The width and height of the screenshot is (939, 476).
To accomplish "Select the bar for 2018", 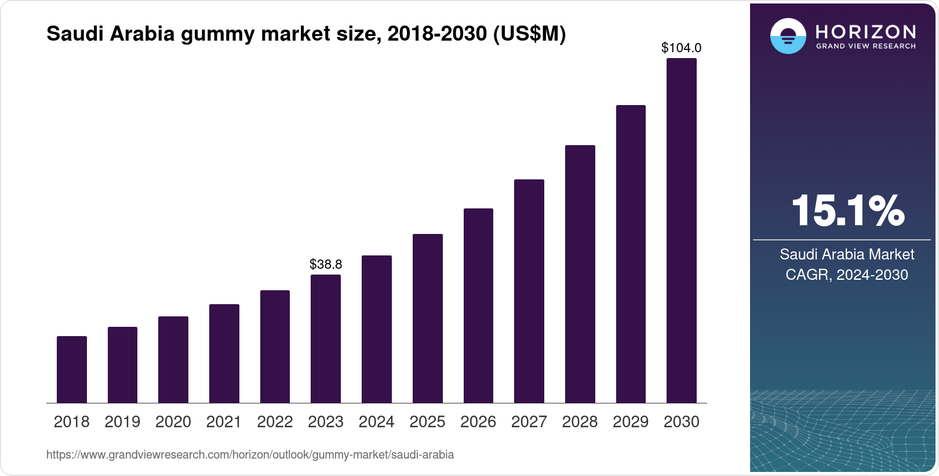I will [x=72, y=369].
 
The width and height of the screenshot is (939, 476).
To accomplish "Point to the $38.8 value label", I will [x=326, y=265].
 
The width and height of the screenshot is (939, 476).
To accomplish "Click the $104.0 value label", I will [x=682, y=48].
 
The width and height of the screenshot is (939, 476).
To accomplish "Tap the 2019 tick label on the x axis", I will [x=122, y=422].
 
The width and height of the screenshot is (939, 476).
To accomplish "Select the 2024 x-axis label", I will [x=377, y=422].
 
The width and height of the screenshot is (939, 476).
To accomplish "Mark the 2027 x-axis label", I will [x=529, y=422].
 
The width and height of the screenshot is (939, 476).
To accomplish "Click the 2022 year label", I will [x=275, y=422].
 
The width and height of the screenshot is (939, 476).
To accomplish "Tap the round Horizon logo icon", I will [x=788, y=36].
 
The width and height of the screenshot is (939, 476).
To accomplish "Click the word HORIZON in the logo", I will [x=865, y=32].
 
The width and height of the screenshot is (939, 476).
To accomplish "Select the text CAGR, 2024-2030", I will [x=847, y=275].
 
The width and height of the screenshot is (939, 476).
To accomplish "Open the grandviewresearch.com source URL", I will [x=250, y=455].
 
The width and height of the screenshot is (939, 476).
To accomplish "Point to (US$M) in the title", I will [x=529, y=34].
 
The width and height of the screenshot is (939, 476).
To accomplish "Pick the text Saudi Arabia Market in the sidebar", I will [x=847, y=254].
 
